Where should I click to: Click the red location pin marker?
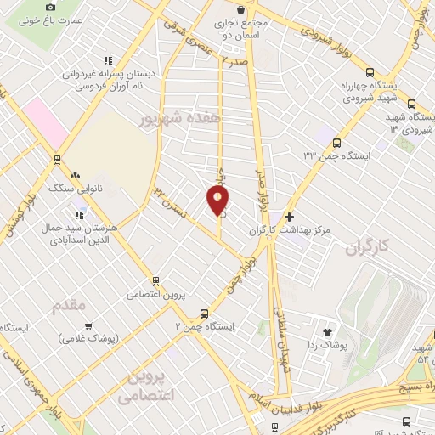pyautogui.click(x=217, y=201)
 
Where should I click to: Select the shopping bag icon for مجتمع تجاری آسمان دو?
pyautogui.click(x=242, y=10)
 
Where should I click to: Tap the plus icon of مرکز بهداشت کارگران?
pyautogui.click(x=291, y=217)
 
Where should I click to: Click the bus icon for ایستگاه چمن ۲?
pyautogui.click(x=202, y=313)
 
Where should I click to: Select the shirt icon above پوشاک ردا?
pyautogui.click(x=327, y=330)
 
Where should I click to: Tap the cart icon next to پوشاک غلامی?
pyautogui.click(x=88, y=325)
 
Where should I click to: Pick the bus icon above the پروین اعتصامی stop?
pyautogui.click(x=155, y=280)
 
